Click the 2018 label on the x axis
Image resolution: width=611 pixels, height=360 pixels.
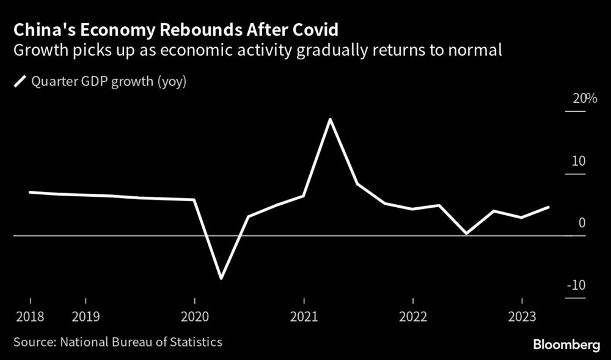pos(30,318)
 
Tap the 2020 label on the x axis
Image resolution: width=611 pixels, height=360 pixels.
pos(194,318)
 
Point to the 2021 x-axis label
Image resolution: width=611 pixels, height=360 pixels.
pos(304,318)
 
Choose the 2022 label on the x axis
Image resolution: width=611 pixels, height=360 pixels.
pos(413,318)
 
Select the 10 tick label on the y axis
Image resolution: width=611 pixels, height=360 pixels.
pos(579,161)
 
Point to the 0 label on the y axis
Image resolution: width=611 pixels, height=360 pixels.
pos(582,223)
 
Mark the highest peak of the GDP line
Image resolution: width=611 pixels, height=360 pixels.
pos(331,119)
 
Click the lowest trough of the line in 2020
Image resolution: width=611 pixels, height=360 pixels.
pos(221,278)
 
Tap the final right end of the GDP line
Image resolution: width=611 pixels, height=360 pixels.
pos(549,207)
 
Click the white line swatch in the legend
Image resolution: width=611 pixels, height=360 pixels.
pos(20,82)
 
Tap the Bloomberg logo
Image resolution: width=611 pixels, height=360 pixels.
pos(566,345)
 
